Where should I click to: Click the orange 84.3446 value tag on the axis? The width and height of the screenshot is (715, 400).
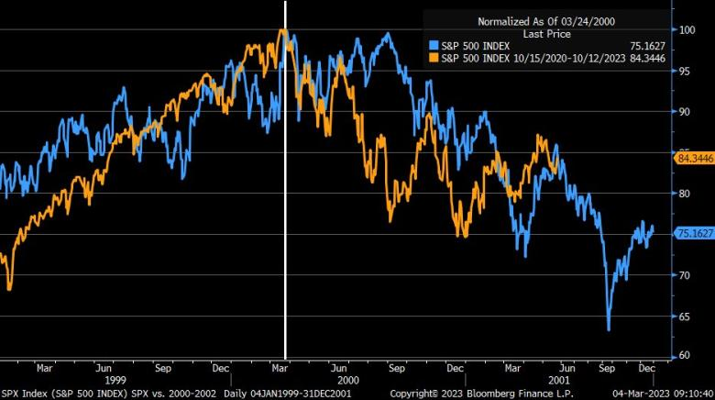click(x=694, y=158)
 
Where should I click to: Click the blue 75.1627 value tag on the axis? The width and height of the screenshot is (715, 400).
click(x=694, y=233)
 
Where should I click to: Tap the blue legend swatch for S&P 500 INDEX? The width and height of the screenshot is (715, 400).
click(x=434, y=44)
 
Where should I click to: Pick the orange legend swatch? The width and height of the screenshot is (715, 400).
click(x=434, y=57)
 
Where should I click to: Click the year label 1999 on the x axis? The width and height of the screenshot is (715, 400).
click(x=115, y=379)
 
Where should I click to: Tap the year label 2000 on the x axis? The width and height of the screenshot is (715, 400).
click(x=348, y=379)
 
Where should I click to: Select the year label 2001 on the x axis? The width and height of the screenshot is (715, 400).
click(x=559, y=379)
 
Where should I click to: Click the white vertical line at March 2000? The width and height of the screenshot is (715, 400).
click(x=286, y=183)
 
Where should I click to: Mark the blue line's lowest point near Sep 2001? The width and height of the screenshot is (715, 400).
click(x=609, y=329)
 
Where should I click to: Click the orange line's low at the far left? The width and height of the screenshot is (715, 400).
click(x=9, y=289)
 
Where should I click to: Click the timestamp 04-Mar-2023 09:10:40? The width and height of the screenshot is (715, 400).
click(x=662, y=393)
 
